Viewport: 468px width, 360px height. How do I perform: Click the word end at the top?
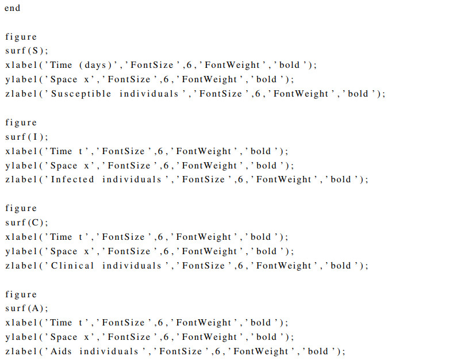click(13, 8)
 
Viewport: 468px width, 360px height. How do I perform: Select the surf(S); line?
click(23, 51)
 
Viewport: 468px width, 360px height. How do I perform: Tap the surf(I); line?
click(22, 137)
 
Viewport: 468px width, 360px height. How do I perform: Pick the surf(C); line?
click(23, 223)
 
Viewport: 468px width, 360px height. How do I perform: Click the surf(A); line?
click(23, 308)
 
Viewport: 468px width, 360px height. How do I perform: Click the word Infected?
click(72, 179)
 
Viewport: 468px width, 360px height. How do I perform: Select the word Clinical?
click(72, 265)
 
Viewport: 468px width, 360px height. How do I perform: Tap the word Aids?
click(62, 351)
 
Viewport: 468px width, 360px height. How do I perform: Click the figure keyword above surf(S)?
click(21, 37)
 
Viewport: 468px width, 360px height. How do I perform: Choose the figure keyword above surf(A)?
click(21, 294)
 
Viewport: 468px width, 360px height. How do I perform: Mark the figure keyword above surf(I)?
click(21, 122)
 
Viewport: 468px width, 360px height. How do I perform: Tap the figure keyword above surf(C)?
click(21, 208)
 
